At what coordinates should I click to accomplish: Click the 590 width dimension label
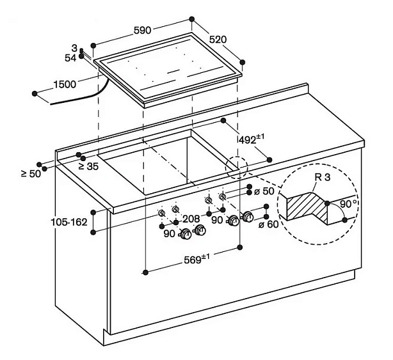[142, 31]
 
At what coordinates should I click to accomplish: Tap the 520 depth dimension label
[218, 40]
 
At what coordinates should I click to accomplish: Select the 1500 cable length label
[65, 84]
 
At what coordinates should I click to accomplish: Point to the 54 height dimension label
[70, 58]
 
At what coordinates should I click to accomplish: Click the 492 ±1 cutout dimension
[251, 139]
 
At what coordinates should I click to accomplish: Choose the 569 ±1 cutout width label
[196, 259]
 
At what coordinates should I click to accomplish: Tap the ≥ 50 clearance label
[31, 173]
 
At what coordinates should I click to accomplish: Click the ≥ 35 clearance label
[88, 166]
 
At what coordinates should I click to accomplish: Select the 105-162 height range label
[69, 222]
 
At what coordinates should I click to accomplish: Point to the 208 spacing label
[191, 219]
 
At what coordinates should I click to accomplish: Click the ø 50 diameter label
[264, 191]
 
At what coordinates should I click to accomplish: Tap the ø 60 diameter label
[268, 224]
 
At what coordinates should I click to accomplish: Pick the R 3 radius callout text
[323, 177]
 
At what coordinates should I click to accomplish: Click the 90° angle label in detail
[349, 203]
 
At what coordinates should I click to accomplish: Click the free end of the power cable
[51, 104]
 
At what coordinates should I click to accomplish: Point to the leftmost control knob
[186, 234]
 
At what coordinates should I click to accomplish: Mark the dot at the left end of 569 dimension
[145, 272]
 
